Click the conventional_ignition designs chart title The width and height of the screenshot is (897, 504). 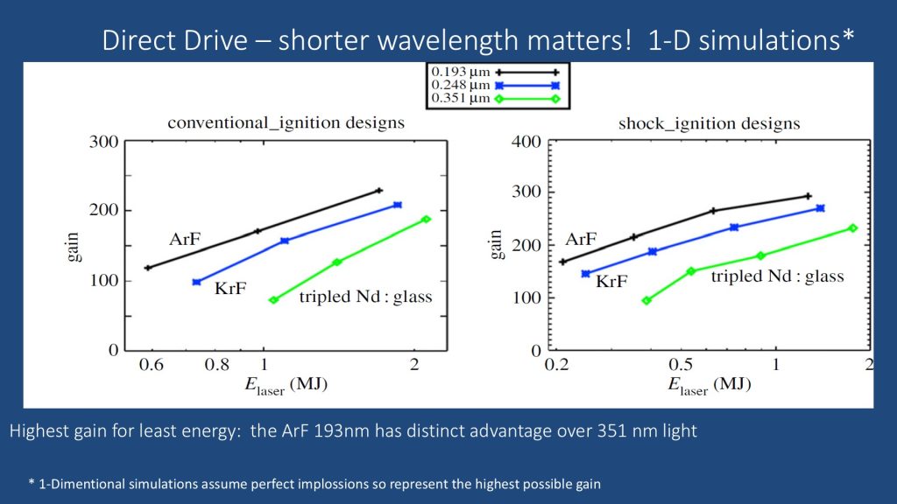(x=286, y=122)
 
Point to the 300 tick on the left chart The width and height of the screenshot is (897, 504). (x=105, y=142)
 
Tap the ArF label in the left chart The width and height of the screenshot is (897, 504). (x=187, y=239)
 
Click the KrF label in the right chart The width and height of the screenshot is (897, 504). (x=613, y=282)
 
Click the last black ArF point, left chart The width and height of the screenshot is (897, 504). (x=379, y=190)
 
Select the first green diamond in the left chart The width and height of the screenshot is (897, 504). (x=273, y=300)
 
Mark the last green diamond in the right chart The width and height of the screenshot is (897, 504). (x=852, y=228)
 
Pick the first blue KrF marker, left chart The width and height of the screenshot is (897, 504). (x=196, y=282)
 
